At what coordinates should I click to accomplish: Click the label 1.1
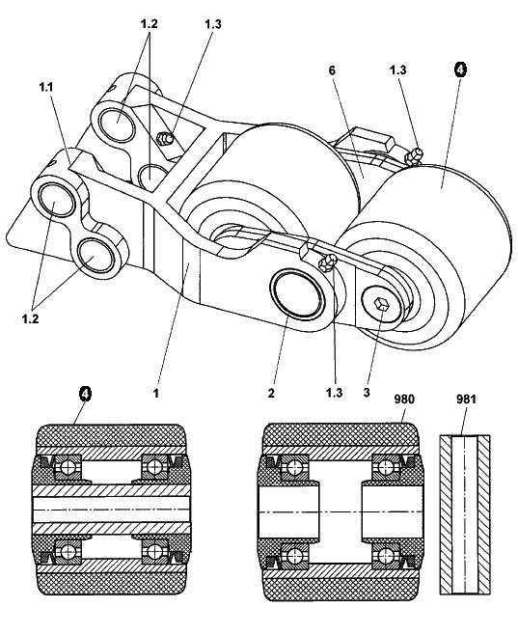pyautogui.click(x=46, y=87)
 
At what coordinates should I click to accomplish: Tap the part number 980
pyautogui.click(x=404, y=400)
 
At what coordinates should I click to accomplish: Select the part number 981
pyautogui.click(x=466, y=400)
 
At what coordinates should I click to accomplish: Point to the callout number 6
pyautogui.click(x=332, y=70)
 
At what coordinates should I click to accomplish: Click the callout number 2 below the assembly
pyautogui.click(x=271, y=393)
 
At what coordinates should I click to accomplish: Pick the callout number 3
pyautogui.click(x=367, y=393)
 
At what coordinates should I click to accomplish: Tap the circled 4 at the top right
pyautogui.click(x=460, y=69)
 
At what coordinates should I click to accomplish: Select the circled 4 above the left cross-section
pyautogui.click(x=85, y=393)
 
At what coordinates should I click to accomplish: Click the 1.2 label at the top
pyautogui.click(x=149, y=24)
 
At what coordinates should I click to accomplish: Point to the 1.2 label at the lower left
pyautogui.click(x=30, y=318)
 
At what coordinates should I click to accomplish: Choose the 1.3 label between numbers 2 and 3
pyautogui.click(x=335, y=393)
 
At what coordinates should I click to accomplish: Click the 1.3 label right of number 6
pyautogui.click(x=397, y=70)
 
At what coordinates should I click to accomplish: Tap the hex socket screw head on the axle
pyautogui.click(x=382, y=304)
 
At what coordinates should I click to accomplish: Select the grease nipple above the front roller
pyautogui.click(x=414, y=156)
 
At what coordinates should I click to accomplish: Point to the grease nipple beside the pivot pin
pyautogui.click(x=328, y=262)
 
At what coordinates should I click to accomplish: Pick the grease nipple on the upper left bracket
pyautogui.click(x=165, y=139)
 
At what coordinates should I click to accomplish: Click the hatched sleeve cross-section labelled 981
pyautogui.click(x=465, y=514)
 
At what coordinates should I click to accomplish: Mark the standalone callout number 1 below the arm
pyautogui.click(x=156, y=393)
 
